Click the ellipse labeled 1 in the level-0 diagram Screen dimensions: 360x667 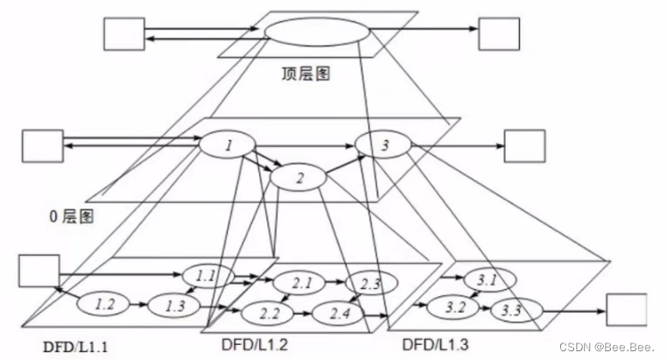pos(228,145)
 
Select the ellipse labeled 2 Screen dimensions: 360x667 pos(298,178)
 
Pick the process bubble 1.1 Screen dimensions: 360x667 pos(207,276)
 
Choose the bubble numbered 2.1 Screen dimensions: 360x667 pos(300,282)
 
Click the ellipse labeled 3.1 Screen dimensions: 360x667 pos(484,280)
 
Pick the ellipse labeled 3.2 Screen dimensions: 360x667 pos(454,308)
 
